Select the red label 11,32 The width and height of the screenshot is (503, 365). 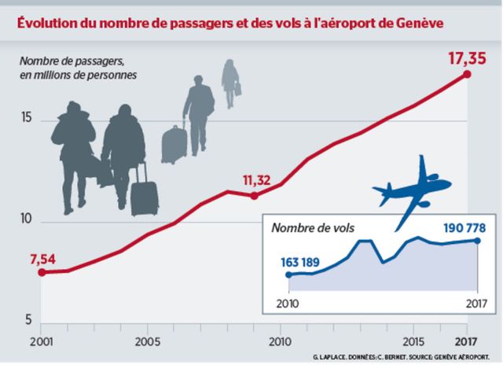[x=257, y=180]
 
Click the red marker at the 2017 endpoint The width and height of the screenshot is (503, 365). [x=468, y=74]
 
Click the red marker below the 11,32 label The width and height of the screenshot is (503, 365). [x=254, y=195]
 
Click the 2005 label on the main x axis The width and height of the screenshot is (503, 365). [x=148, y=342]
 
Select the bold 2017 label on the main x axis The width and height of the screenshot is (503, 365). [x=468, y=342]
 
